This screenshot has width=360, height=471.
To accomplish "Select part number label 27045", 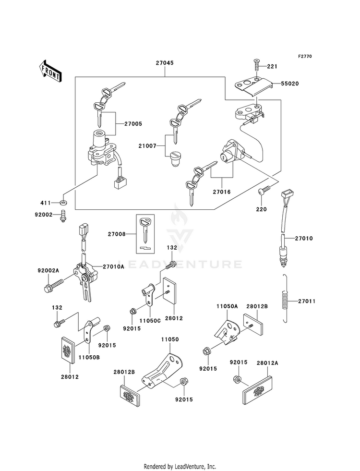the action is click(165, 63).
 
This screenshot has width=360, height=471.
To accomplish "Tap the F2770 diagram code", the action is click(305, 56).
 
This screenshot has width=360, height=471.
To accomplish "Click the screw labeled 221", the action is click(257, 65).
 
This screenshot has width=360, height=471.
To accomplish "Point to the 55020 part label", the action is click(290, 84).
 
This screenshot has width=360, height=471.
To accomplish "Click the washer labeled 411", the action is click(63, 203).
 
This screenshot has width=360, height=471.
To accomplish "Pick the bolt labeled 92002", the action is click(63, 217).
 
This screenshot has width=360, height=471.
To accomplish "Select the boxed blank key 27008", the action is click(145, 233).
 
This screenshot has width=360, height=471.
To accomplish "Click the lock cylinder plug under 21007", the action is click(174, 158).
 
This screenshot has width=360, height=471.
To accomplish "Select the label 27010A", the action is click(113, 266).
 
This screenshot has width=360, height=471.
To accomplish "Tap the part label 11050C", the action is click(150, 321).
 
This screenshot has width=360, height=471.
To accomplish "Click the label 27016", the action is click(222, 192).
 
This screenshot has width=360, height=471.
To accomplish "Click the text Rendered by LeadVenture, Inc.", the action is click(180, 467).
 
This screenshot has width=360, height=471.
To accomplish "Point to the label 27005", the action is click(133, 124).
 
